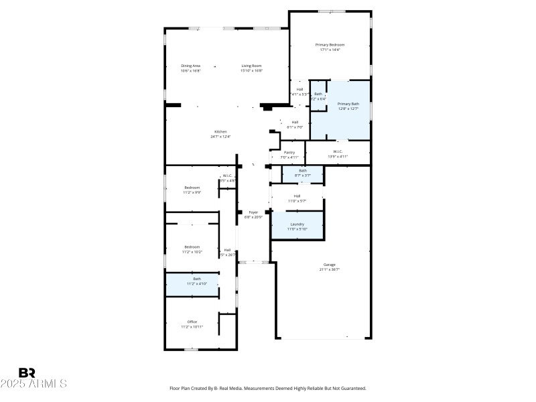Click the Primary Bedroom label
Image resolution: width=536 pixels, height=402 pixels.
[330, 45]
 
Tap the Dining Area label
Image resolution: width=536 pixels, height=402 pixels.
[190, 66]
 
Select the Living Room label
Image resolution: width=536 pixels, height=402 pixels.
[252, 66]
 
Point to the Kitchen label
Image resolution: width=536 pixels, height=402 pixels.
[220, 131]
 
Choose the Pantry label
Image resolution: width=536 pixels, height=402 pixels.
[289, 153]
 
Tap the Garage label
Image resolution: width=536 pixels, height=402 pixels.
[329, 265]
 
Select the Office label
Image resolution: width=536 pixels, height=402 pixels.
[192, 322]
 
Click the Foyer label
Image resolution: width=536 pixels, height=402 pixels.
[253, 212]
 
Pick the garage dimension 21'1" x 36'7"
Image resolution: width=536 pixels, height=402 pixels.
[329, 269]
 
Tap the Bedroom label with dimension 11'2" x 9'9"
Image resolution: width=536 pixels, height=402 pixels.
[192, 188]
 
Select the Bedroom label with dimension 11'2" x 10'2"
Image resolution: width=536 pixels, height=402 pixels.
[192, 247]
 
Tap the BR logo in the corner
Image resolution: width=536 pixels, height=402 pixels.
[27, 373]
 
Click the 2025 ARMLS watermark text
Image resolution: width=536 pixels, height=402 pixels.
[33, 384]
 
